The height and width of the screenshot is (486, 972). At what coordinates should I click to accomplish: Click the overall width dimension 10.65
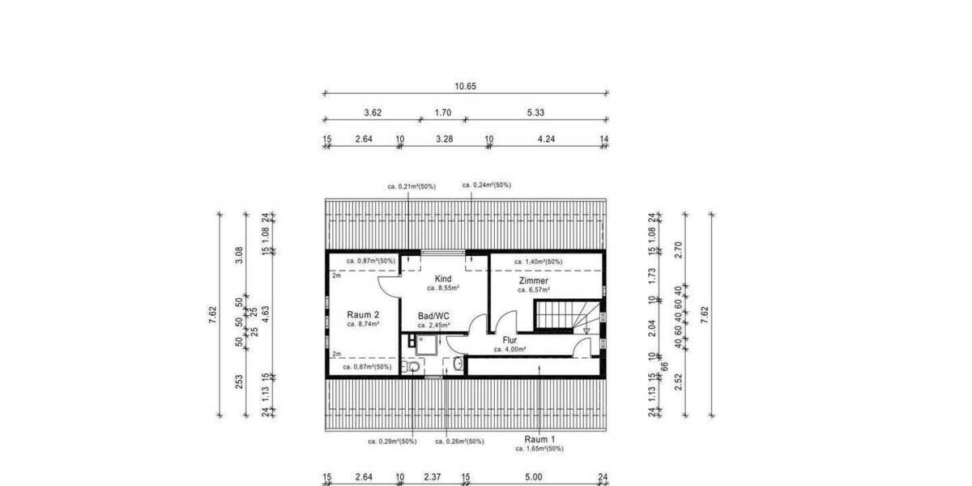tap(465, 86)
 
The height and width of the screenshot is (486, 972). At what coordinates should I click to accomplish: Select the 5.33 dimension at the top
tap(534, 113)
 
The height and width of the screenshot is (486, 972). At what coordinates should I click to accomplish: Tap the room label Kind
tap(443, 279)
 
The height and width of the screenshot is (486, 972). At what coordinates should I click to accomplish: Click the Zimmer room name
tap(533, 280)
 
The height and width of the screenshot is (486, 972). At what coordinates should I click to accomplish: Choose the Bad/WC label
tap(433, 316)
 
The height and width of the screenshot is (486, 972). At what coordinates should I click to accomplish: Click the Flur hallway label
tap(509, 340)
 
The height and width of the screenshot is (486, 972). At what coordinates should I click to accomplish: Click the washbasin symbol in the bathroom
tap(458, 364)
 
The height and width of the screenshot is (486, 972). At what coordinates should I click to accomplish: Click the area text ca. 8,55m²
tap(443, 288)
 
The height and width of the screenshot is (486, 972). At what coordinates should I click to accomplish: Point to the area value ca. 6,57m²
tap(533, 289)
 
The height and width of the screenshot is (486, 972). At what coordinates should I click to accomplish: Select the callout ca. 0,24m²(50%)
tap(486, 185)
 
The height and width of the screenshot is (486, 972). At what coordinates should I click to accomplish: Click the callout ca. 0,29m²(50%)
tap(392, 441)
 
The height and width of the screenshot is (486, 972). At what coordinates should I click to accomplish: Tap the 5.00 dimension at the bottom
tap(533, 477)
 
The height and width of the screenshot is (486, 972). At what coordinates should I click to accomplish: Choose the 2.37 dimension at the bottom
tap(433, 477)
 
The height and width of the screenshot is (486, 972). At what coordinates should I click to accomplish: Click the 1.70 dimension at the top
tap(442, 113)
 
